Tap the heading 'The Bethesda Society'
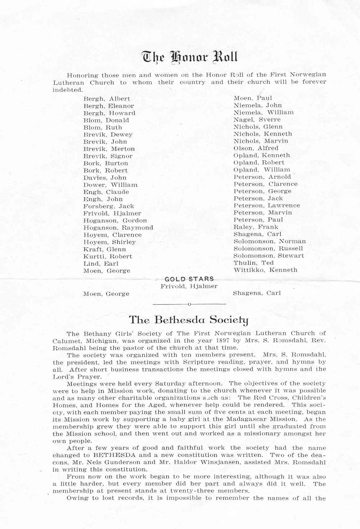[x=189, y=320]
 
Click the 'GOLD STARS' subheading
[x=189, y=279]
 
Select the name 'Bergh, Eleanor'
[x=108, y=106]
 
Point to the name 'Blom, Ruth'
[x=103, y=127]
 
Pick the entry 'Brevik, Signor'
[x=108, y=156]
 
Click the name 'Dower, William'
[x=110, y=185]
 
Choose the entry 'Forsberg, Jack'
[x=108, y=206]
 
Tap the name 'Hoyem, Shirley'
[x=109, y=242]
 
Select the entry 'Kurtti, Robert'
[x=108, y=257]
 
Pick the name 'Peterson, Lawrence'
[x=267, y=205]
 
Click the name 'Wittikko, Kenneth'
[x=265, y=270]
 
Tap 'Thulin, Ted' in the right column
[x=253, y=263]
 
